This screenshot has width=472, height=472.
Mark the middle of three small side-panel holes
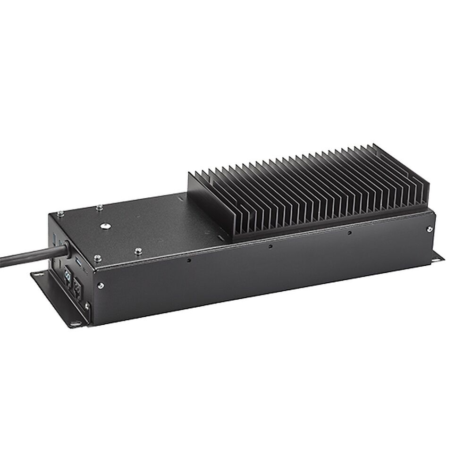coord(270,246)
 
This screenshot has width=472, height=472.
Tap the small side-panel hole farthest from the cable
coord(349,233)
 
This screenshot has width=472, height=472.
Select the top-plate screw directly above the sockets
coord(97,257)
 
